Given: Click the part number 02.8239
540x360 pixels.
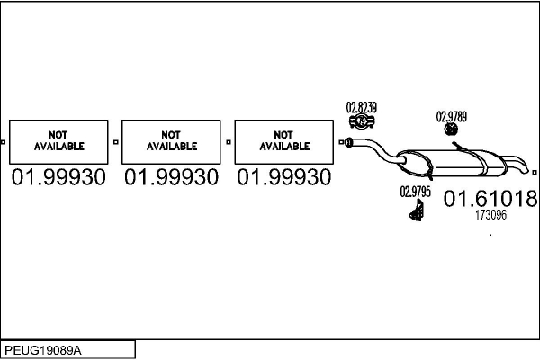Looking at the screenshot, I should (361, 107).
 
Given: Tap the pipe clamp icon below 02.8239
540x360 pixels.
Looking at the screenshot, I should (361, 121).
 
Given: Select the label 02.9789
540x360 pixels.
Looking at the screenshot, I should (452, 116).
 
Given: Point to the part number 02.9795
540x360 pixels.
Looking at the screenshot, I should (415, 192).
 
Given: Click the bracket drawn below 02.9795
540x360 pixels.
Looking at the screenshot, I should (418, 211).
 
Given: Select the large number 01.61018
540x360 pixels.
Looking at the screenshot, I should (490, 199).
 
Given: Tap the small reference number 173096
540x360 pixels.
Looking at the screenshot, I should (490, 216).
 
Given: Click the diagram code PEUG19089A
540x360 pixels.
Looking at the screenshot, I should (43, 349).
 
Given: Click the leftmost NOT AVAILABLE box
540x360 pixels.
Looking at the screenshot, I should (59, 140).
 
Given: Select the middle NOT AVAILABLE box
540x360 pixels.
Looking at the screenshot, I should (172, 140).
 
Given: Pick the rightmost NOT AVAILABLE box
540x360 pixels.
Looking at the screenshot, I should (284, 140).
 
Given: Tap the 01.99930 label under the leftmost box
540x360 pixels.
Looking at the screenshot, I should (59, 177).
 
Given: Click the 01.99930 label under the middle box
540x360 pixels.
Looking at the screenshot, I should (172, 177).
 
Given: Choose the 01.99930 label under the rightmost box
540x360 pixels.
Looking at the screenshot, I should (284, 177).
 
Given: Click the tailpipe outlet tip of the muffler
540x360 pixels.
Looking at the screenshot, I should (524, 166).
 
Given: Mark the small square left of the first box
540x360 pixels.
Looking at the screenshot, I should (4, 141).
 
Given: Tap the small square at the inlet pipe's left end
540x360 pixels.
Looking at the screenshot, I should (342, 141).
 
